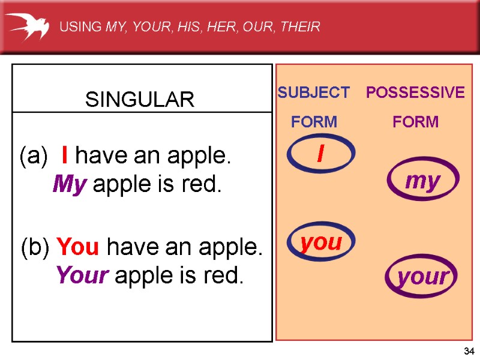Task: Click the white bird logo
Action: [x=26, y=26]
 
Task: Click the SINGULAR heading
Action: [x=140, y=100]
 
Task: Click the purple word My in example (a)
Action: [x=70, y=184]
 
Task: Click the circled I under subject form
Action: [x=320, y=155]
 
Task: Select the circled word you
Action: [x=321, y=243]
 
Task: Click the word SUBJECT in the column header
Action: [x=313, y=92]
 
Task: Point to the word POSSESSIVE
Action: [x=415, y=92]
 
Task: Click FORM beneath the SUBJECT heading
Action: [x=314, y=122]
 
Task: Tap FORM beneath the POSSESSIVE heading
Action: [x=415, y=122]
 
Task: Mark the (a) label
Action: [x=33, y=157]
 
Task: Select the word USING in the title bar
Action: [x=80, y=26]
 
